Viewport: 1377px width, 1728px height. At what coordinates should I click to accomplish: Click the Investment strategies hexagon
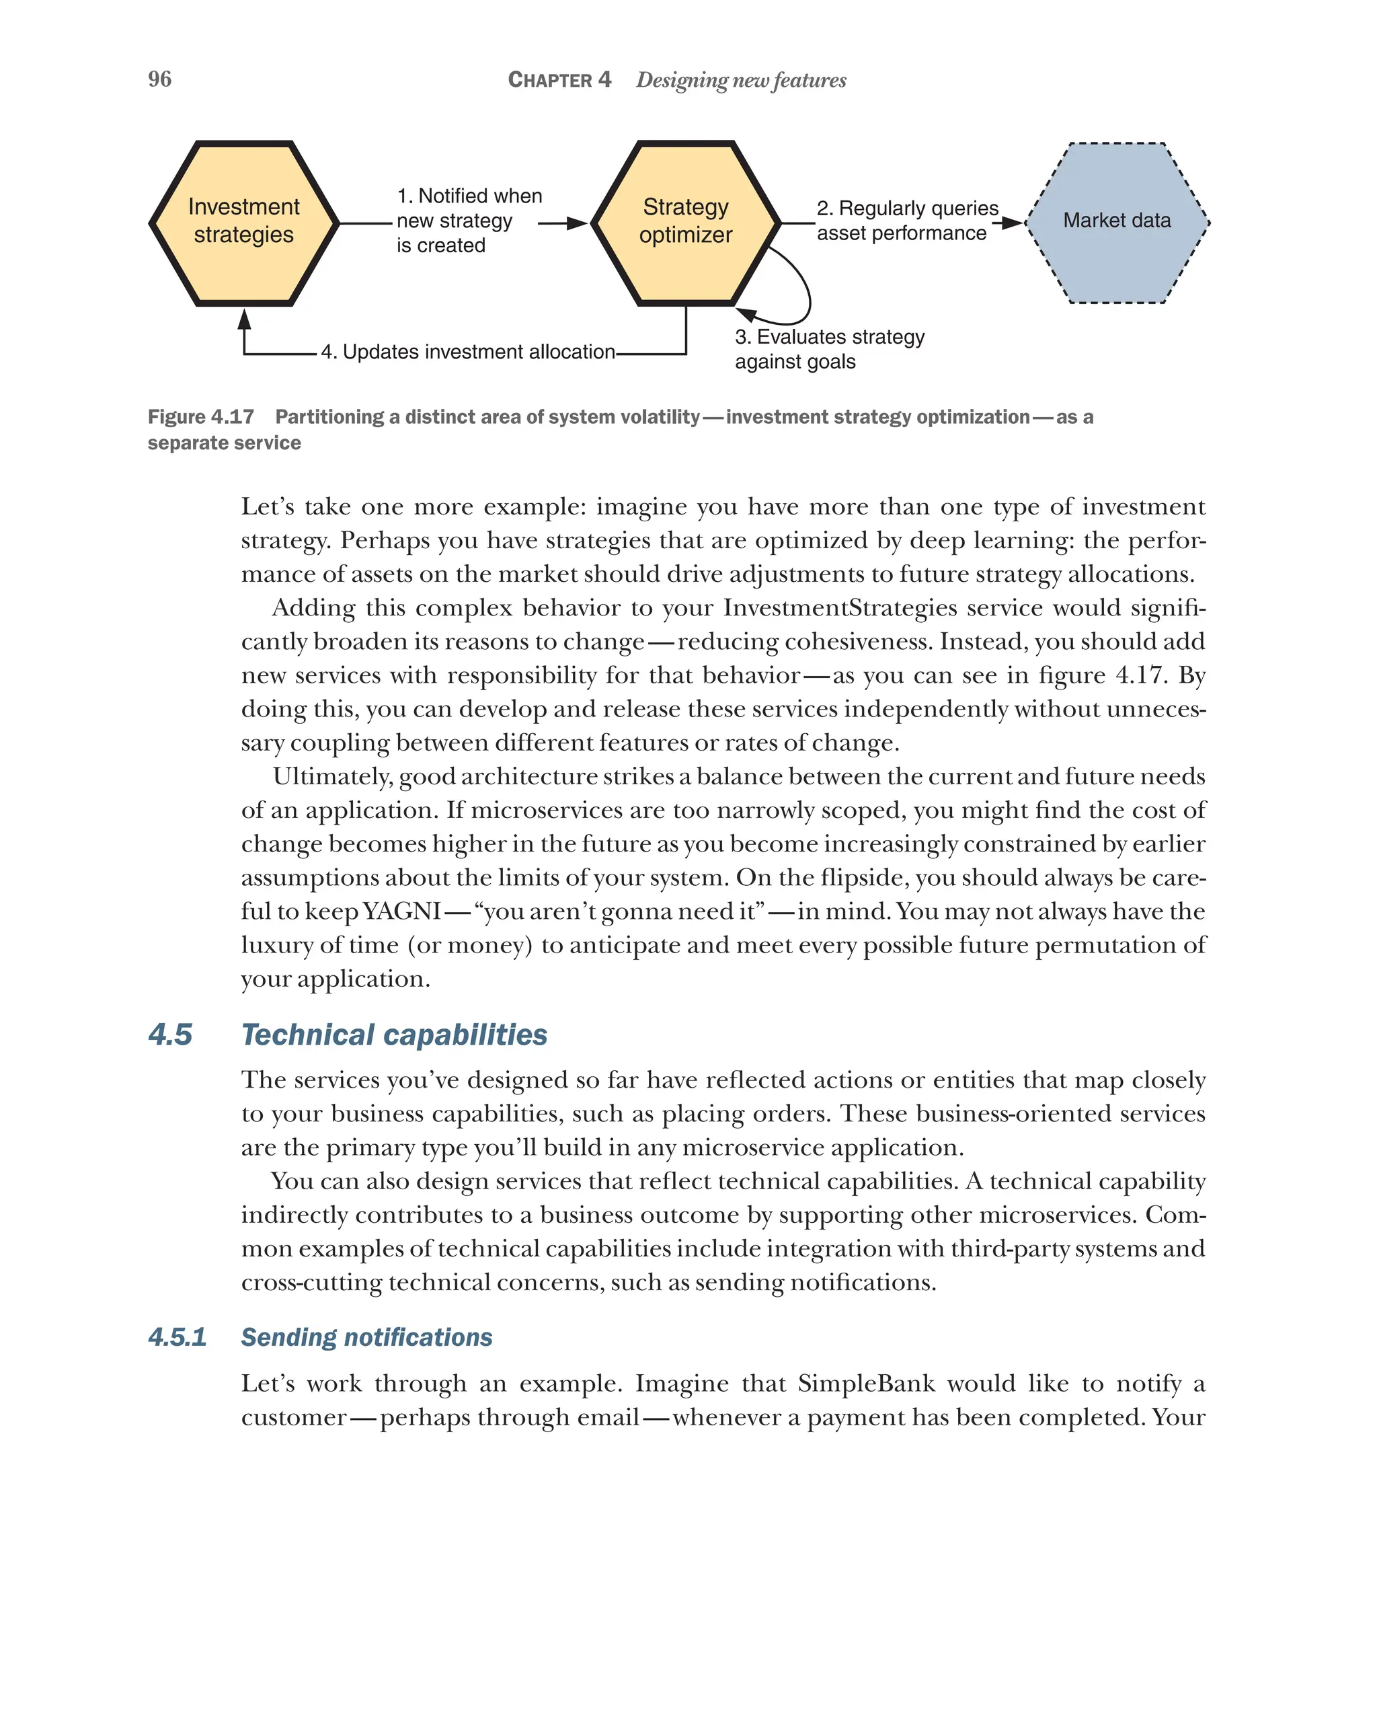pos(243,223)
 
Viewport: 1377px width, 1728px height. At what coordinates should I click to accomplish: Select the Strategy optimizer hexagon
pos(685,223)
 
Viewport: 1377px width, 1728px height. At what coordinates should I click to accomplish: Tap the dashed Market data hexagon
pos(1117,223)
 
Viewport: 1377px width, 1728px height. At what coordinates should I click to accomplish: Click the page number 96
pos(159,79)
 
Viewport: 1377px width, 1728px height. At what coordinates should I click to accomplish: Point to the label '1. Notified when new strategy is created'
pos(469,221)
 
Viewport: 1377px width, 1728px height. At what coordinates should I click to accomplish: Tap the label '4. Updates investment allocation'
pos(468,352)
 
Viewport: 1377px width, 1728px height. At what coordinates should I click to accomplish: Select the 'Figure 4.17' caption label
pos(201,417)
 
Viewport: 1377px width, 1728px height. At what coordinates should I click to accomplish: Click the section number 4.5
pos(171,1035)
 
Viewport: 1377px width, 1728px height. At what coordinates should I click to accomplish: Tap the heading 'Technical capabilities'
pos(394,1035)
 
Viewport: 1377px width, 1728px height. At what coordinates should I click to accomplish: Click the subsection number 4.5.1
pos(177,1337)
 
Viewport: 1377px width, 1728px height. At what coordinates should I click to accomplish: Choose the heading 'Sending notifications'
pos(366,1337)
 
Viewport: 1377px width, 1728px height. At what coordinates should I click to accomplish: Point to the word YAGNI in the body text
pos(401,911)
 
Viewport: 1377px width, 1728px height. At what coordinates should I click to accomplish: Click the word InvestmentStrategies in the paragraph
pos(840,607)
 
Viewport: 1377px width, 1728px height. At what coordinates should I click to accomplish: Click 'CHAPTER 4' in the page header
pos(559,80)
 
